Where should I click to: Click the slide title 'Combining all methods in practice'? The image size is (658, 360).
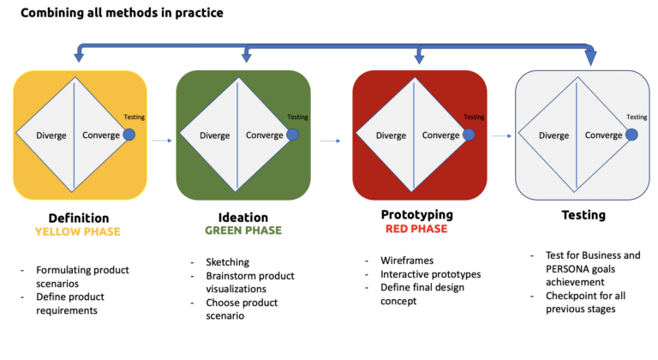click(122, 13)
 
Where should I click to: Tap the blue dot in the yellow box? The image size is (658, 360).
click(129, 135)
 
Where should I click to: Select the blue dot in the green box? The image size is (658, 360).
click(292, 135)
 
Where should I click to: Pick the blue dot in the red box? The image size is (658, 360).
click(469, 135)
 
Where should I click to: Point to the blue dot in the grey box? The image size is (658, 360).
click(631, 135)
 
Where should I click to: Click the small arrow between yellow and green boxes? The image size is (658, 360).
click(162, 141)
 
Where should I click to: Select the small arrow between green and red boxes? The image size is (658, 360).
click(330, 141)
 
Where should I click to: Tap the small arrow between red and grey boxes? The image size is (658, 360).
click(501, 135)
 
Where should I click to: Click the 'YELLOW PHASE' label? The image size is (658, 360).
click(78, 231)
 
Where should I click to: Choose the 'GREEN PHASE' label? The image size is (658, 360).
click(243, 231)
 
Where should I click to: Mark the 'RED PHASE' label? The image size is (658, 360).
click(416, 229)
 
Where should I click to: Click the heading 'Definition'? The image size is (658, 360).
click(79, 218)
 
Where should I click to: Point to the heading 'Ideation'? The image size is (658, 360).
click(243, 217)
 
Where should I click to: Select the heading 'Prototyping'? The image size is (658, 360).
click(417, 215)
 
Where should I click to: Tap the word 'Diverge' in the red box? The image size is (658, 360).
click(391, 135)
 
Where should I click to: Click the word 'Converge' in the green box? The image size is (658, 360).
click(265, 135)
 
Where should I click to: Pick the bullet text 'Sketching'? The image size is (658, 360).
click(227, 262)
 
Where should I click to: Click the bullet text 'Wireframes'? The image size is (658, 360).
click(407, 261)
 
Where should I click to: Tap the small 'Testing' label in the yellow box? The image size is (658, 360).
click(135, 117)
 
